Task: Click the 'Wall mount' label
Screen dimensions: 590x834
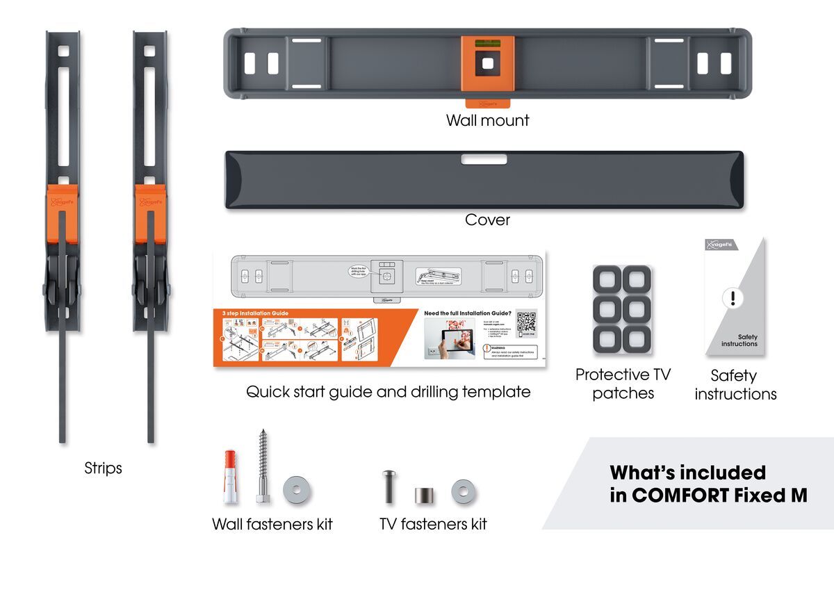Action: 487,120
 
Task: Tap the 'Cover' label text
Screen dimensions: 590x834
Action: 487,220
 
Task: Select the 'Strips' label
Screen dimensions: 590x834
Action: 103,468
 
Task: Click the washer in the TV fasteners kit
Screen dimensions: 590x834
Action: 464,492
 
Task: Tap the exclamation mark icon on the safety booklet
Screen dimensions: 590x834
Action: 732,299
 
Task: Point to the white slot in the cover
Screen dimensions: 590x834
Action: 484,160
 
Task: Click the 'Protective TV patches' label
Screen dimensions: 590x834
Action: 623,384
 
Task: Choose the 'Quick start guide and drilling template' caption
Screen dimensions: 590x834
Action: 388,392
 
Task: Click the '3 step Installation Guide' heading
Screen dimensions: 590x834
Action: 255,313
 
